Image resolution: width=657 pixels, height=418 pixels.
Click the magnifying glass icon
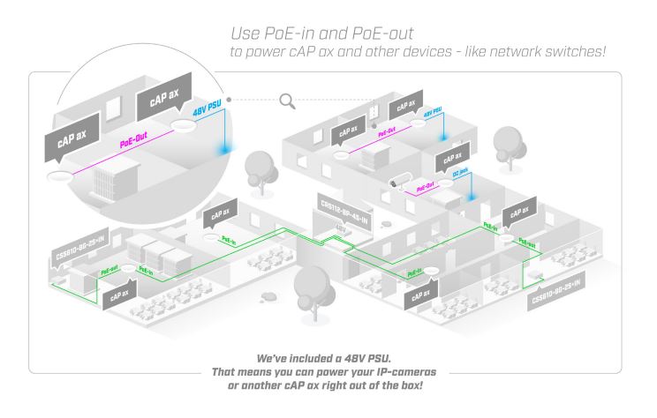coord(287,101)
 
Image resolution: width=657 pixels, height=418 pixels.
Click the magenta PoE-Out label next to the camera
coord(427,185)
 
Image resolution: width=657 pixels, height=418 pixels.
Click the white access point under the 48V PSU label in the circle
coord(185,130)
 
